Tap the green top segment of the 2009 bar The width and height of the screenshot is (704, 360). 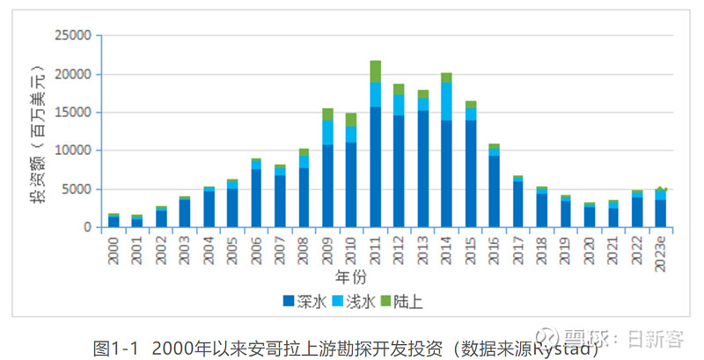pyautogui.click(x=327, y=114)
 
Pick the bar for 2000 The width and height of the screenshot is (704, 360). pyautogui.click(x=114, y=221)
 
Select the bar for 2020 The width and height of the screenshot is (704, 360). pyautogui.click(x=589, y=216)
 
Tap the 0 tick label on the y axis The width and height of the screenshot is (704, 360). pyautogui.click(x=88, y=227)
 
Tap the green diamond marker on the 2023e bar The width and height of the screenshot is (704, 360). pyautogui.click(x=660, y=190)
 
